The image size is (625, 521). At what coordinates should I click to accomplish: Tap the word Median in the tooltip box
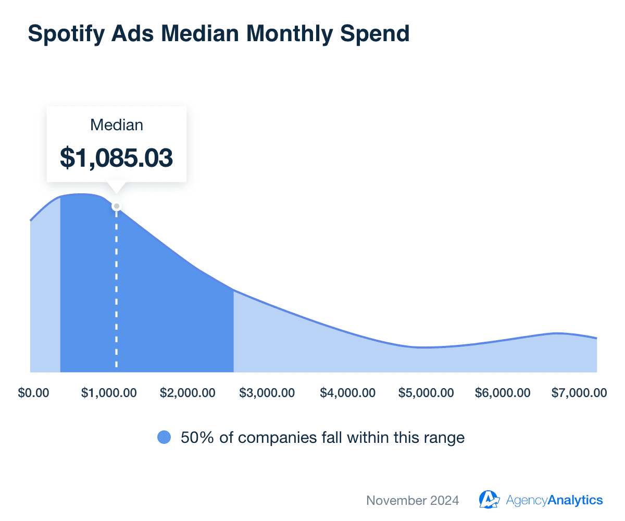(117, 125)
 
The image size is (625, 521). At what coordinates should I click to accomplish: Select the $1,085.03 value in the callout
(117, 158)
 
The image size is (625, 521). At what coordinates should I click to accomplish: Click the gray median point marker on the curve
(117, 206)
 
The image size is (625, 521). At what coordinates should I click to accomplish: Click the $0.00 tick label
(33, 393)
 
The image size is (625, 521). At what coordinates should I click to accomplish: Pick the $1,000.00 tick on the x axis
(109, 393)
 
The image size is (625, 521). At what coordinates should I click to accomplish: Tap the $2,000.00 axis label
(187, 393)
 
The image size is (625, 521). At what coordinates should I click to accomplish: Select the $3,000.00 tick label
(267, 393)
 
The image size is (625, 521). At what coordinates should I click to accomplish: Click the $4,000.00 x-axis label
(347, 393)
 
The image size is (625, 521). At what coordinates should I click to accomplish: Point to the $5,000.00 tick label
(426, 393)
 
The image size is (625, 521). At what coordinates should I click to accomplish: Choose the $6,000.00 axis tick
(503, 393)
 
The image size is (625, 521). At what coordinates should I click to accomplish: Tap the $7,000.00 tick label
(579, 393)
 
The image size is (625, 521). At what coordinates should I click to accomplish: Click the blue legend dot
(164, 438)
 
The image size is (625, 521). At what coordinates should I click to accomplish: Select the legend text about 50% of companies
(323, 438)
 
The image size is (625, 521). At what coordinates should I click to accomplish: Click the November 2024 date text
(413, 501)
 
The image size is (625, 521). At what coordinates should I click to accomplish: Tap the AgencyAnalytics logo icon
(489, 500)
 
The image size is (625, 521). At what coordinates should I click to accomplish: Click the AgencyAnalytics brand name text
(554, 500)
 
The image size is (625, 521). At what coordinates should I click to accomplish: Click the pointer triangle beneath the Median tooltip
(117, 188)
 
